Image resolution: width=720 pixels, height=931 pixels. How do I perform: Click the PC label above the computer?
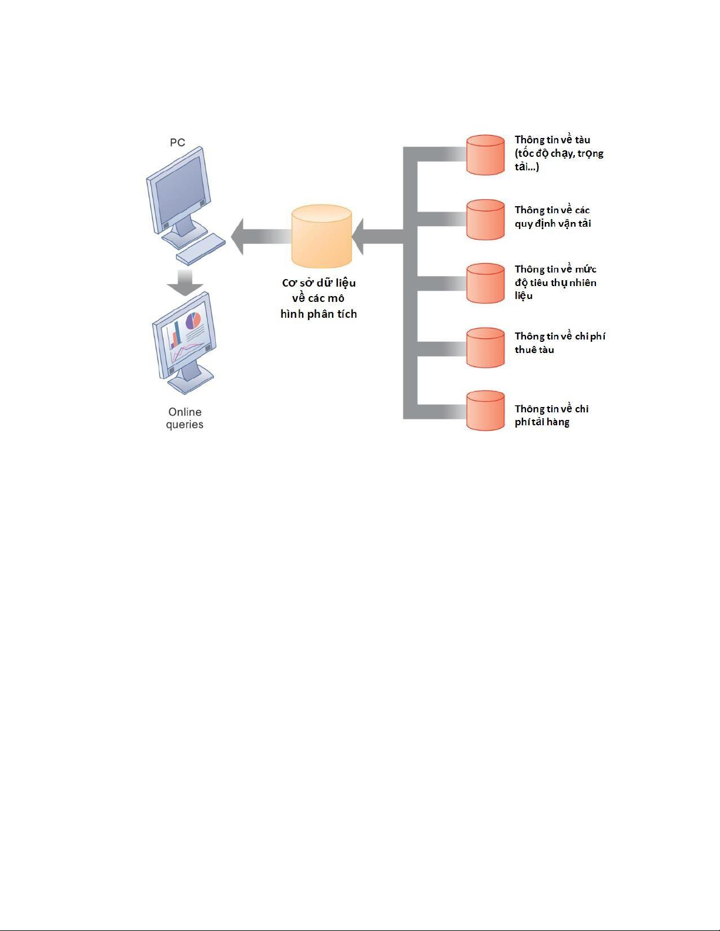point(178,142)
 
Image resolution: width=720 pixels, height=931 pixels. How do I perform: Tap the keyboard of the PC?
point(200,249)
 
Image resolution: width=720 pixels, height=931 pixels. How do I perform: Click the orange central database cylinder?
point(322,236)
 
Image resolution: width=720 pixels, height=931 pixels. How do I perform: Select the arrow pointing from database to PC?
point(261,237)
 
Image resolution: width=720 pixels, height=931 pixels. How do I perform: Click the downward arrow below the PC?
point(185,283)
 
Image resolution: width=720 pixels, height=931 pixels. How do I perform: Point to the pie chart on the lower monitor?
point(193,321)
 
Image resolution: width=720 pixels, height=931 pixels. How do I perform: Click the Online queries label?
point(185,418)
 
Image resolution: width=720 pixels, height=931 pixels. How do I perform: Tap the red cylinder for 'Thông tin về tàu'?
point(485,155)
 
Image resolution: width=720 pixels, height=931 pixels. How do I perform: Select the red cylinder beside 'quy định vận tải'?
point(485,219)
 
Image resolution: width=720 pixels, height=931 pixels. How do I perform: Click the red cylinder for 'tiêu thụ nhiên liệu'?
point(485,283)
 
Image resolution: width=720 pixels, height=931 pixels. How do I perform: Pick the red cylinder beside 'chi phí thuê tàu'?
point(485,348)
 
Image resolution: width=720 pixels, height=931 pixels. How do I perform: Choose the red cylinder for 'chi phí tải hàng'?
point(485,411)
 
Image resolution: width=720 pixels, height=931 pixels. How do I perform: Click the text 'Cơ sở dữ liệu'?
point(319,283)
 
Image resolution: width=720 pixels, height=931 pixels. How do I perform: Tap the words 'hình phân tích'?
point(319,314)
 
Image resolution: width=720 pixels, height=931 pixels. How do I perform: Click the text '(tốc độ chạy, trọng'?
point(559,153)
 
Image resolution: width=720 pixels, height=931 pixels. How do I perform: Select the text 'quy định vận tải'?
point(553,224)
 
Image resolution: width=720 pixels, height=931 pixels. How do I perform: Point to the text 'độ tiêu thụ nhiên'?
point(555,283)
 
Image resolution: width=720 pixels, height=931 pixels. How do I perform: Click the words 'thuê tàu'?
point(534,349)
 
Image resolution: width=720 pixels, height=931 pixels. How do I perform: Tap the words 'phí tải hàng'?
point(542,422)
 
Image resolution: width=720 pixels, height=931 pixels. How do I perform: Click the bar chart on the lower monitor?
point(175,335)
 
